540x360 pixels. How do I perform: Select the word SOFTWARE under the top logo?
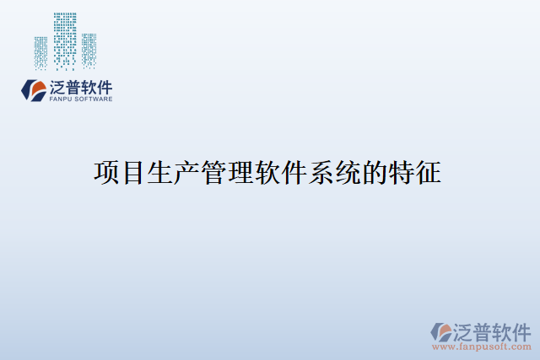94,99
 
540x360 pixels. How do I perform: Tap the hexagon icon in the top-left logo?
35,89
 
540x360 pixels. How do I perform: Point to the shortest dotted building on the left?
40,52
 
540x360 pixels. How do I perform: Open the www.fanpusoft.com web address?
482,346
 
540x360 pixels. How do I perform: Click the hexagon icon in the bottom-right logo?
442,330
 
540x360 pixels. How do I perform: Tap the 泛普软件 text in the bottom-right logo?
493,330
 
